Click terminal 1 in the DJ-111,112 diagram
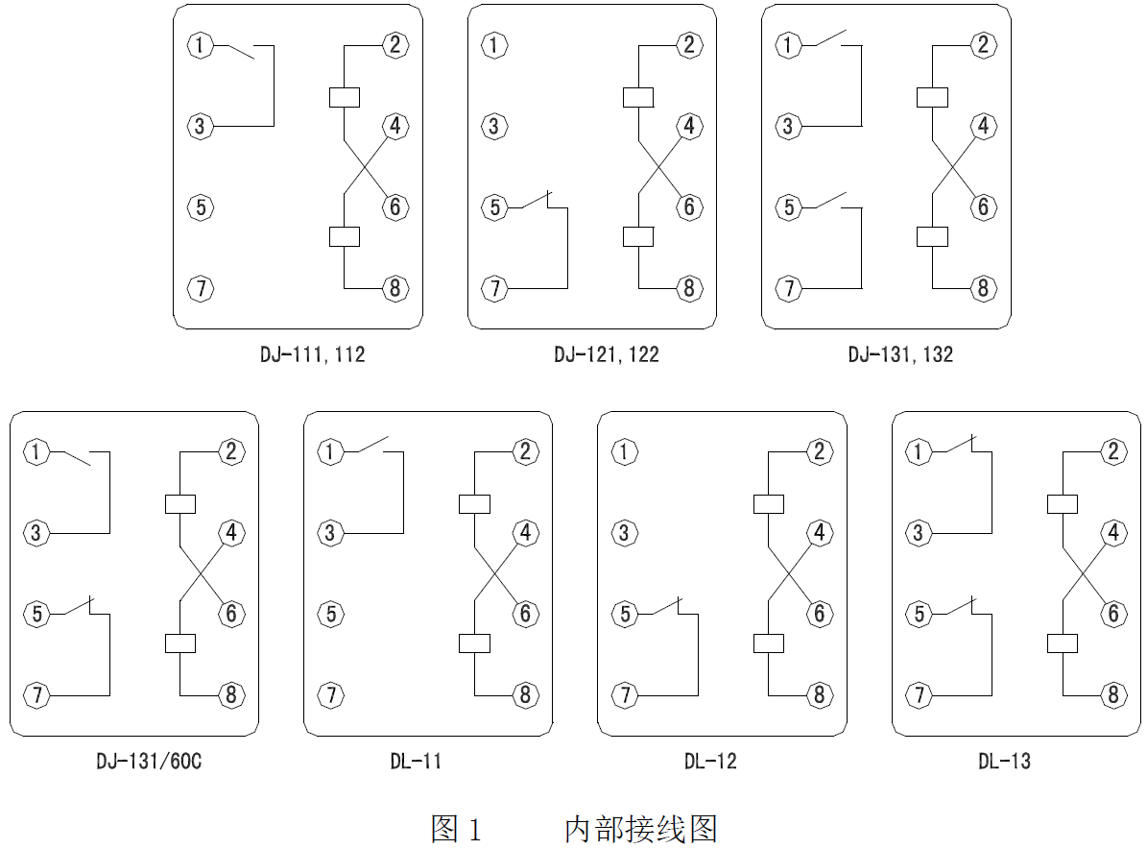tap(200, 44)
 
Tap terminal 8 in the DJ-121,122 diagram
tap(688, 287)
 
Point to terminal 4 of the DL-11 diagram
tap(524, 532)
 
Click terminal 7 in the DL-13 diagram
tap(920, 694)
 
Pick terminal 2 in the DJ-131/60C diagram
tap(230, 451)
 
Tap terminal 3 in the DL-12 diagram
tap(625, 532)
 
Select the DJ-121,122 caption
tap(607, 355)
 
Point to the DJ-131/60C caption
tap(149, 762)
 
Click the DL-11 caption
tap(416, 762)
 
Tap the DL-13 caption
tap(1004, 762)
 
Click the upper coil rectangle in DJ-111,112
tap(345, 96)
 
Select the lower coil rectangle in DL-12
tap(768, 643)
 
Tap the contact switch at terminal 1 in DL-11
tap(372, 445)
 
